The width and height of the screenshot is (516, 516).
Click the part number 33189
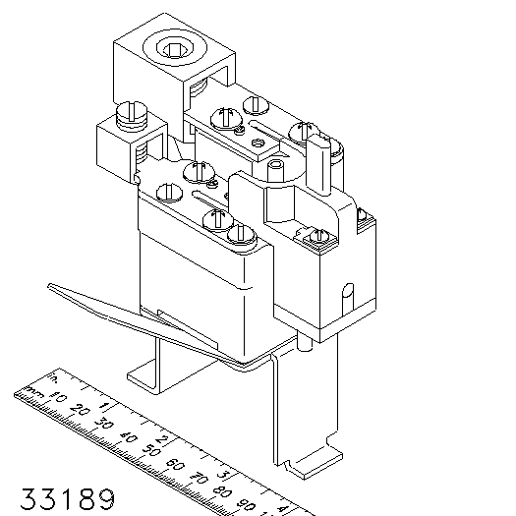pyautogui.click(x=68, y=499)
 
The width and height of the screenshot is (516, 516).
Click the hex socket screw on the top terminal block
pyautogui.click(x=175, y=48)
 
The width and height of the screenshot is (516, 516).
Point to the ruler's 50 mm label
pyautogui.click(x=151, y=450)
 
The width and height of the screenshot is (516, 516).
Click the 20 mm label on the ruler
pyautogui.click(x=80, y=410)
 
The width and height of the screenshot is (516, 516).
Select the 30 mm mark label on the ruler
pyautogui.click(x=103, y=424)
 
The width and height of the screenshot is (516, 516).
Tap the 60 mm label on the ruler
pyautogui.click(x=175, y=464)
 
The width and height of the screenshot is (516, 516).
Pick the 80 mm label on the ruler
pyautogui.click(x=222, y=491)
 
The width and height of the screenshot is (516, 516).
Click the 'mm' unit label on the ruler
pyautogui.click(x=34, y=391)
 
